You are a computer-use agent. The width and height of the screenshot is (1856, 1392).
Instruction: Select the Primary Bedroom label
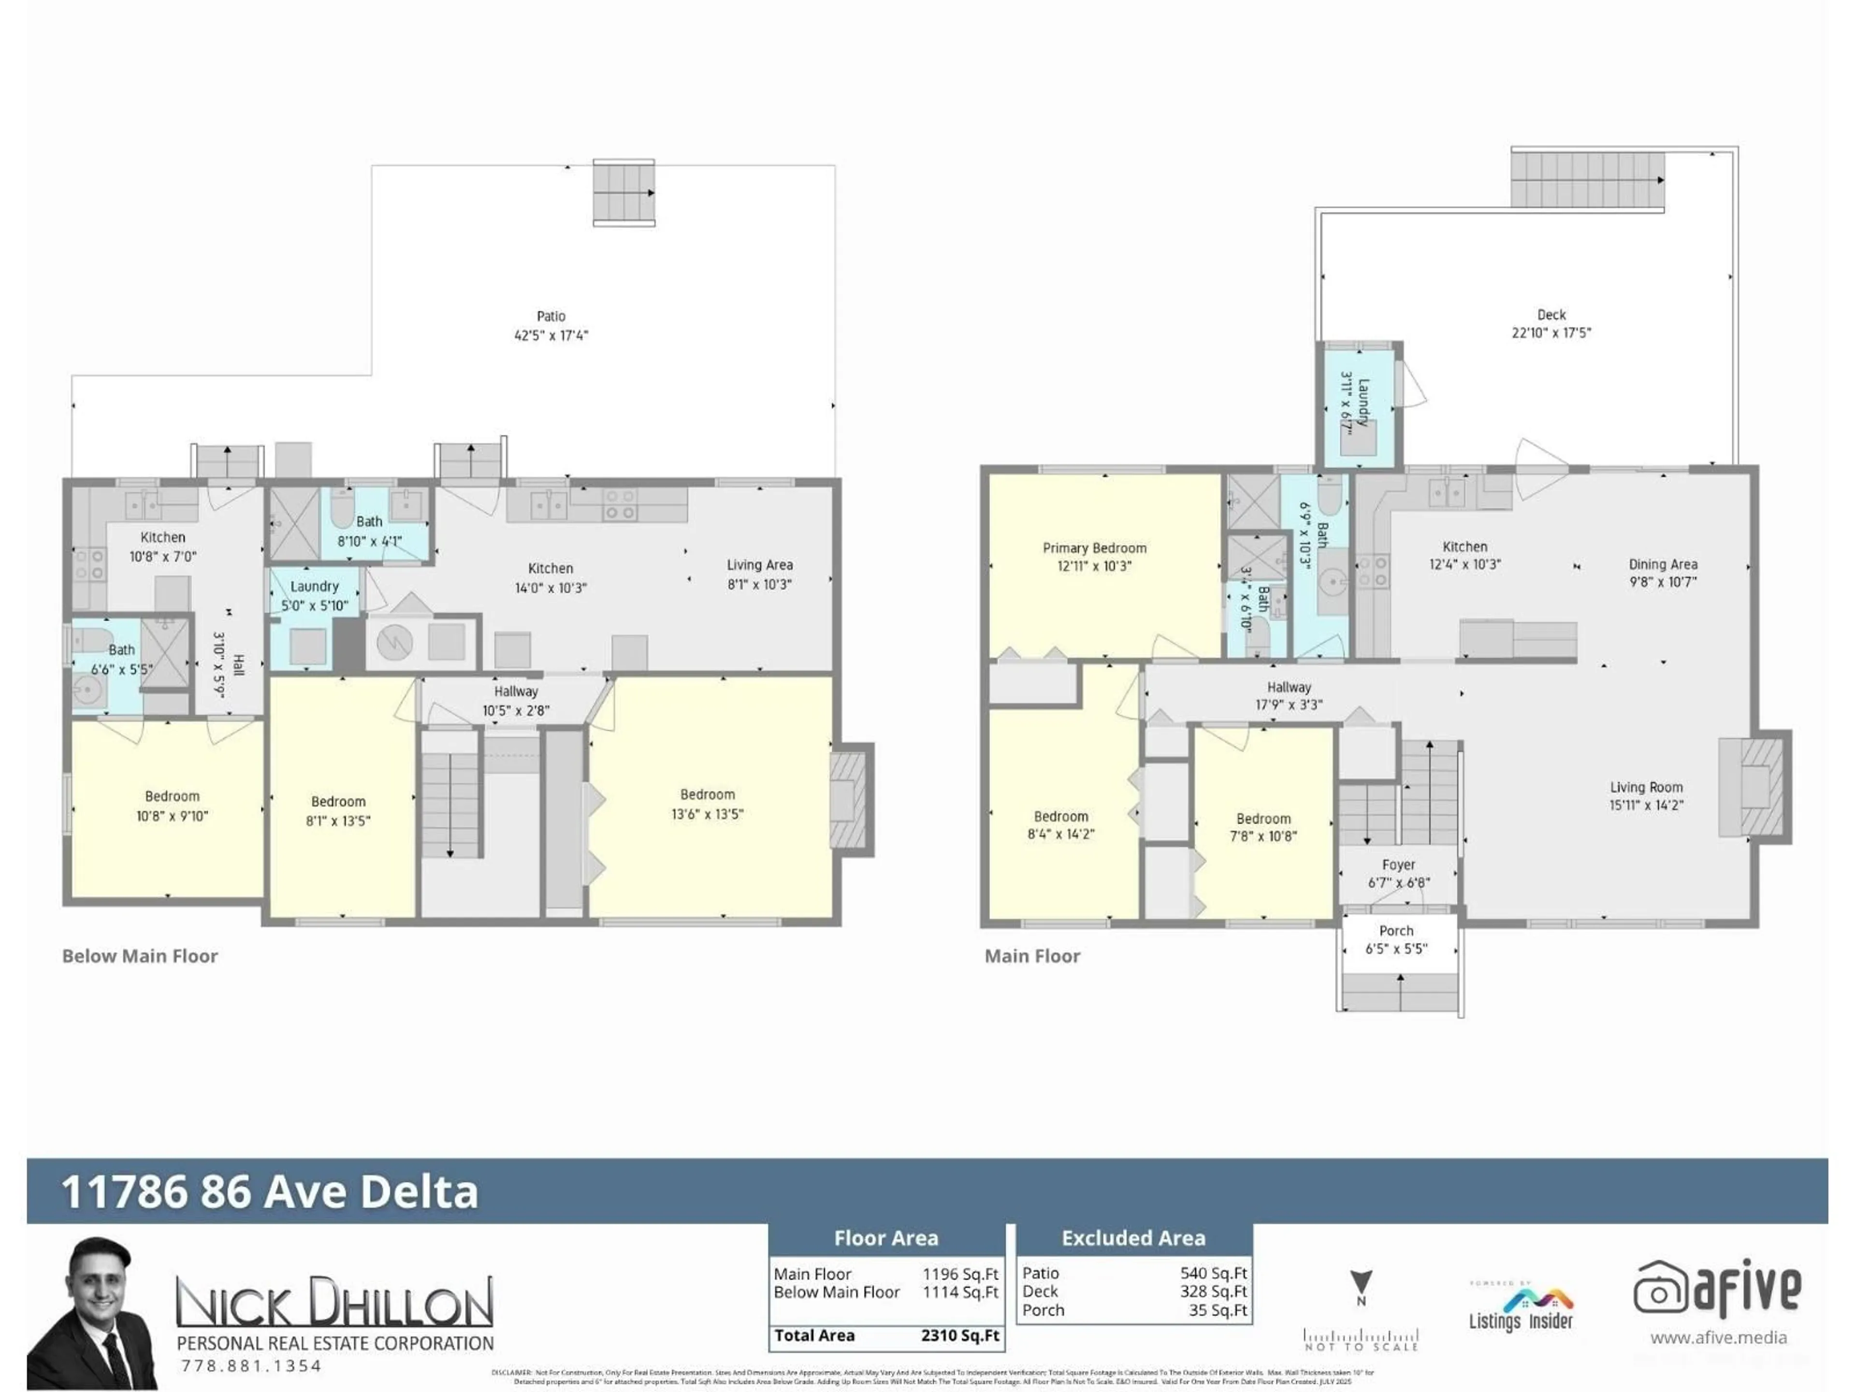(1094, 548)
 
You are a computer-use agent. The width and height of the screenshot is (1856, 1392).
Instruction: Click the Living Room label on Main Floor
(1645, 787)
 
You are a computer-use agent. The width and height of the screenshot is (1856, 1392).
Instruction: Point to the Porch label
(1396, 930)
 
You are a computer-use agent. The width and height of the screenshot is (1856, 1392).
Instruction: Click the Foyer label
(1398, 864)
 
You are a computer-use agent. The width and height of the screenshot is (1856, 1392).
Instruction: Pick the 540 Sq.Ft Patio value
(1213, 1273)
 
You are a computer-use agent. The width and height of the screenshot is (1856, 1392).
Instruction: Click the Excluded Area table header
(1133, 1238)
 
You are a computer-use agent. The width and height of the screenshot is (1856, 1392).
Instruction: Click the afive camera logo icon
(1659, 1289)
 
